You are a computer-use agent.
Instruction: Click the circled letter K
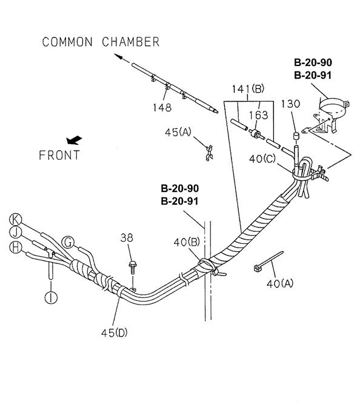coord(15,220)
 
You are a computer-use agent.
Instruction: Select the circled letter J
coord(15,232)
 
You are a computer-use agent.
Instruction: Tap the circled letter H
coord(15,248)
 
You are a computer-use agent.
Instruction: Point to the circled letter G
coord(68,242)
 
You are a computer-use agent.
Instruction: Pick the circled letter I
coord(51,298)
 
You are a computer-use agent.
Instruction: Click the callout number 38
coord(127,238)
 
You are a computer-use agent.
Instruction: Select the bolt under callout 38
coord(133,268)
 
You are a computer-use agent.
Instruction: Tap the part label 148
coord(162,107)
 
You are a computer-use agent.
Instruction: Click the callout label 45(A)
coord(178,133)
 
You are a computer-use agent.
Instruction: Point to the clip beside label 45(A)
coord(209,153)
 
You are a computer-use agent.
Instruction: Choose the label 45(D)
coord(114,333)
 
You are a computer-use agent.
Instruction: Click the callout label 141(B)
coord(248,89)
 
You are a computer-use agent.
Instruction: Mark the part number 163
coord(258,116)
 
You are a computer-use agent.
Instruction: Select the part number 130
coord(290,104)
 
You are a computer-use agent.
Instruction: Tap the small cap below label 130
coord(296,136)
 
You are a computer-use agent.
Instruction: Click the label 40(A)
coord(280,283)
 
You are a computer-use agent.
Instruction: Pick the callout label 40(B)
coord(187,242)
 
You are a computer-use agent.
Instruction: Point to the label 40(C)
coord(262,159)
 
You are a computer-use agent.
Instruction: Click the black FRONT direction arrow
coord(74,140)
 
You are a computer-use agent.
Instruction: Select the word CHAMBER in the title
coord(130,42)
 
